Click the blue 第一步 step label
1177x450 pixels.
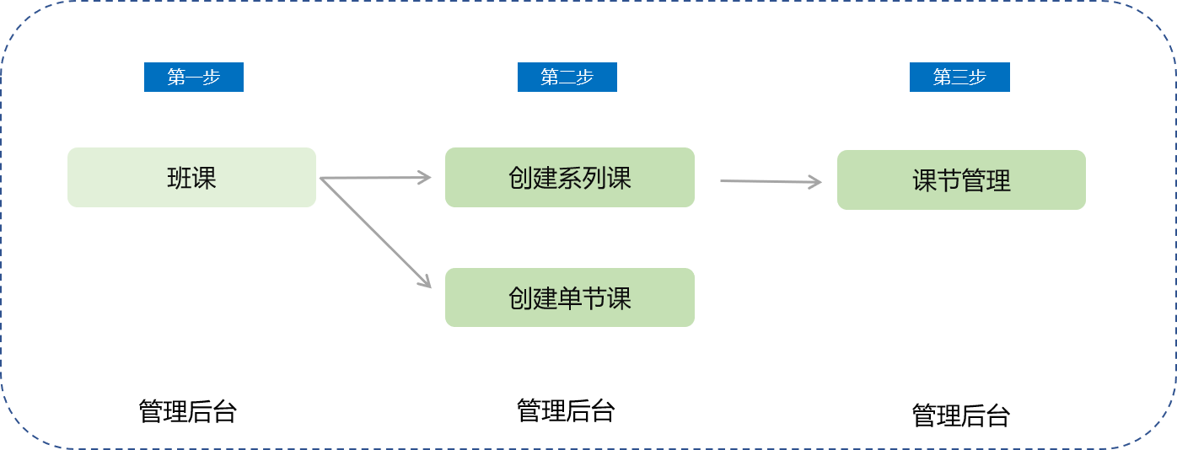193,77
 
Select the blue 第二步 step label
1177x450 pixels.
567,77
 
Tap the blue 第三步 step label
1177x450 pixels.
959,77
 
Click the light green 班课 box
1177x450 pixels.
191,178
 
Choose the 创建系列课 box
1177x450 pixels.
569,178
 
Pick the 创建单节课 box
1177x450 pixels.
569,297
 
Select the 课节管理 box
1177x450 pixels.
961,180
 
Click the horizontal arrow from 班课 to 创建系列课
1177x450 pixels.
375,178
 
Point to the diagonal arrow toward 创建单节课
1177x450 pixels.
375,233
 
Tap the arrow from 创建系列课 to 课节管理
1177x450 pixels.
770,181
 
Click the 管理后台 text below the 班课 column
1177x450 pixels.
187,411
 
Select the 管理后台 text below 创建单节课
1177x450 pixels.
565,410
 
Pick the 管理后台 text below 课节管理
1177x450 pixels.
960,415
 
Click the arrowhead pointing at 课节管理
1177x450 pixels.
815,182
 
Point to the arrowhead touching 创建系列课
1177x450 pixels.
425,177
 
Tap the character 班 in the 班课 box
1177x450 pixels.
180,178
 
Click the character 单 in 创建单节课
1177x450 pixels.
570,297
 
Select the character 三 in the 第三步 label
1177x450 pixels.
959,77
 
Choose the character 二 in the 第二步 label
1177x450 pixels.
567,77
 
